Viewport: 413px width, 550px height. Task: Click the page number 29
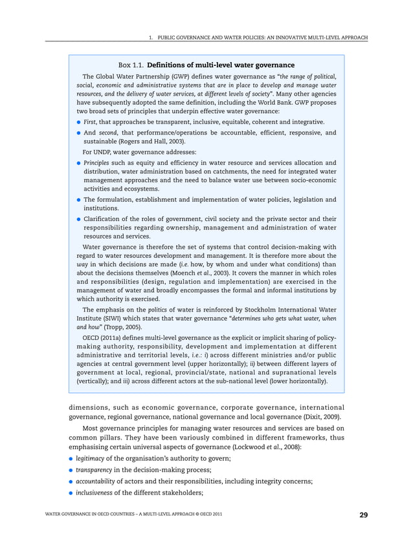[364, 514]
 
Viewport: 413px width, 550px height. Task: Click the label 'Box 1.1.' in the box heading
[131, 65]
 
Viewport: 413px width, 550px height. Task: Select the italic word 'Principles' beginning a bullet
[96, 163]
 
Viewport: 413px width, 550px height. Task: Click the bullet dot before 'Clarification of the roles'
[78, 219]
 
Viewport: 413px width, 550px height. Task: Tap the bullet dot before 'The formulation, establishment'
[78, 200]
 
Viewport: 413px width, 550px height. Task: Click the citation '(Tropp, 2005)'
[124, 328]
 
